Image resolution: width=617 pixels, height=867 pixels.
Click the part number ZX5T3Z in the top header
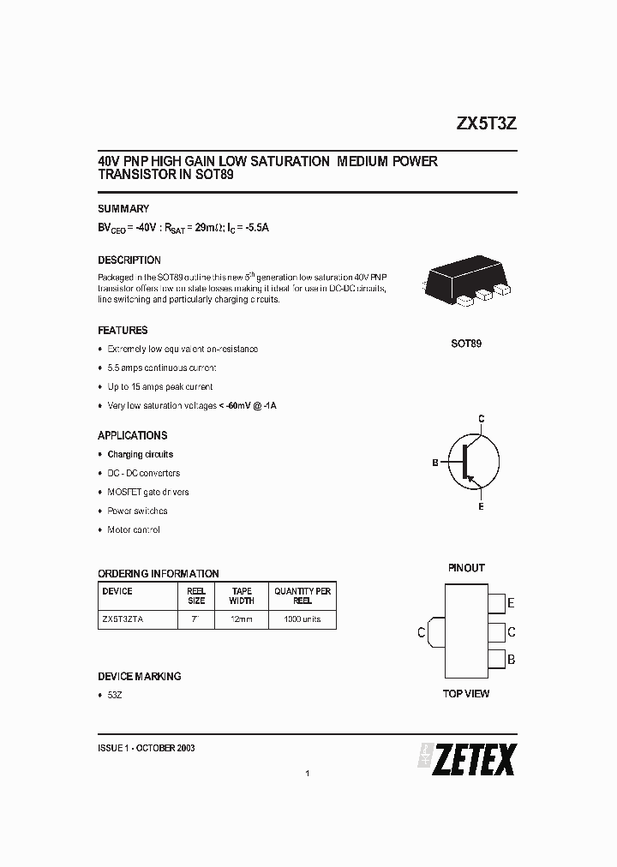(485, 123)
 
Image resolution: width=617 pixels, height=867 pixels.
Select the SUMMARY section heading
(123, 208)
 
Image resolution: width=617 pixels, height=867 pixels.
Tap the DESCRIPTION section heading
(129, 260)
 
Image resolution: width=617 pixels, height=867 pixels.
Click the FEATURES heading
(123, 330)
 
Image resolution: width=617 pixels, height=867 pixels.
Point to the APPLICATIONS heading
(133, 435)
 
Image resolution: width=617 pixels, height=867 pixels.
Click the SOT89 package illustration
(465, 283)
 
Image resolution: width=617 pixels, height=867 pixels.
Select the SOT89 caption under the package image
(466, 344)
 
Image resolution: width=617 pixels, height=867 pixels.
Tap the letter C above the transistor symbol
(482, 417)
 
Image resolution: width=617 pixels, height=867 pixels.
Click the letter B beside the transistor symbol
(435, 463)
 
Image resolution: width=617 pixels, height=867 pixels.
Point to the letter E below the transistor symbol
(481, 507)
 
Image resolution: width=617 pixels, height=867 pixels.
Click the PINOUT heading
(466, 568)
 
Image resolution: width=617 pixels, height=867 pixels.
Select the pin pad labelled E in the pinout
(495, 603)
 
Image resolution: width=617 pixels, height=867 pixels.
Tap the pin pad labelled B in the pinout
(495, 661)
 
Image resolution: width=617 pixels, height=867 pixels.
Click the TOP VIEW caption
(466, 693)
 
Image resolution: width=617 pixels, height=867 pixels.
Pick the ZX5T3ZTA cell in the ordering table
(123, 619)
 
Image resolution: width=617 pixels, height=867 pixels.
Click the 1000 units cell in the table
(303, 619)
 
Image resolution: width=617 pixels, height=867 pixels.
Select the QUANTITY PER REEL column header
(303, 596)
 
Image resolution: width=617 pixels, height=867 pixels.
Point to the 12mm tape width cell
(242, 619)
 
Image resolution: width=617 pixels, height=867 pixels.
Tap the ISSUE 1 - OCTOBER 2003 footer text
(147, 748)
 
